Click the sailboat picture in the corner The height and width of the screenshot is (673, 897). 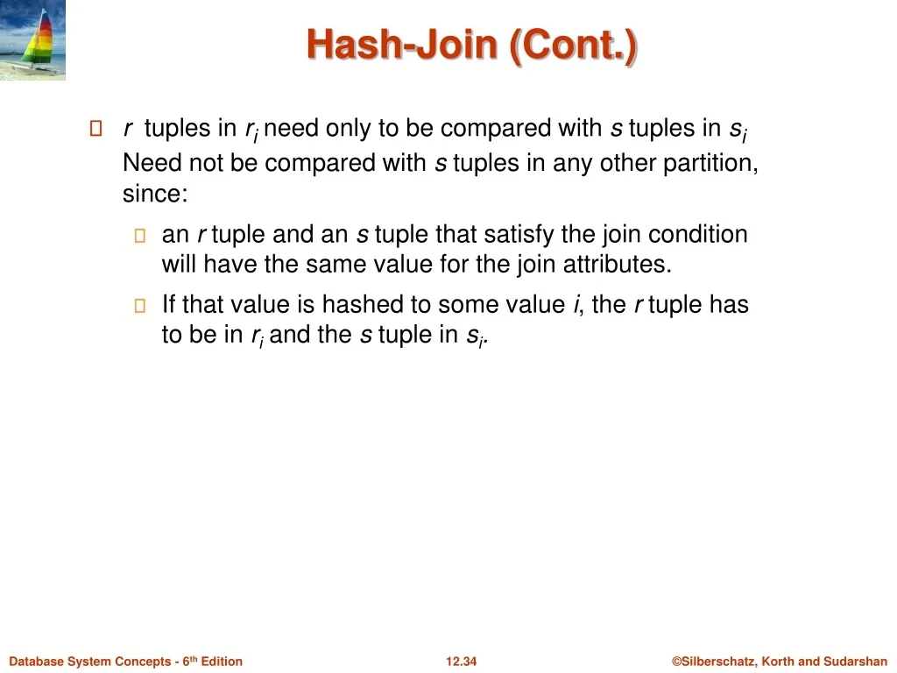pos(32,39)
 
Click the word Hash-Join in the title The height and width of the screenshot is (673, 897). pos(401,45)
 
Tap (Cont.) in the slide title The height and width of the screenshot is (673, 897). pos(573,46)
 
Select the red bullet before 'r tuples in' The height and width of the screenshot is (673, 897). pos(96,128)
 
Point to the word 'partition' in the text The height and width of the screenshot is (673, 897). pos(708,164)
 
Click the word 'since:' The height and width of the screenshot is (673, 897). pos(155,193)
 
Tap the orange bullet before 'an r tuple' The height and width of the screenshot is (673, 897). pos(139,235)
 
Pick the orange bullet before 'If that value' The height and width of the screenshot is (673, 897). pos(139,306)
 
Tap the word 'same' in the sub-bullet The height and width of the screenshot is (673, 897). pos(337,265)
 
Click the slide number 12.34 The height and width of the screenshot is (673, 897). pos(461,662)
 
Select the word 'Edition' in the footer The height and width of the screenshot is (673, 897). pos(222,662)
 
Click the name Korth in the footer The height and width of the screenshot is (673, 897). pos(778,662)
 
